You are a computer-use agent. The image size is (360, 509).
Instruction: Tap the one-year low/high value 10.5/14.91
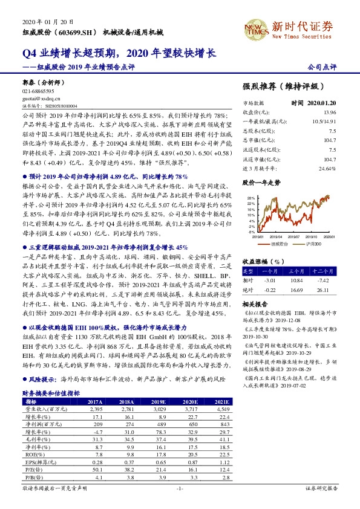point(340,122)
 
